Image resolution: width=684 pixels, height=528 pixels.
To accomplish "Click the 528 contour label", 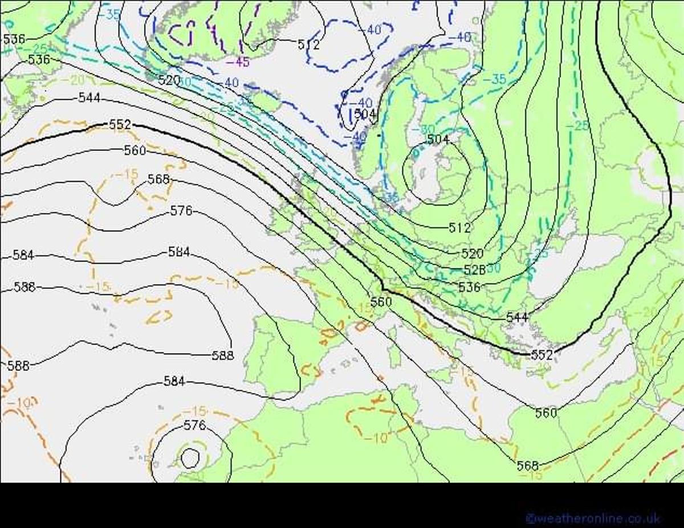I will pyautogui.click(x=474, y=269).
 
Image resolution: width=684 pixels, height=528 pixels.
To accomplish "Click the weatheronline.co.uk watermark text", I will pyautogui.click(x=593, y=518).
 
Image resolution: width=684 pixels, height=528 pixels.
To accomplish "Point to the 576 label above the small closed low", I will pyautogui.click(x=194, y=425).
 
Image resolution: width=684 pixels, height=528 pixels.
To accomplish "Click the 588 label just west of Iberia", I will pyautogui.click(x=222, y=355).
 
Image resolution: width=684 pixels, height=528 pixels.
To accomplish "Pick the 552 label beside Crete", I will pyautogui.click(x=541, y=355).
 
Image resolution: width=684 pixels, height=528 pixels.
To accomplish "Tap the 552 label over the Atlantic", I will pyautogui.click(x=120, y=124).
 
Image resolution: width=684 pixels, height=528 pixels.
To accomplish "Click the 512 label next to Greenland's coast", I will pyautogui.click(x=308, y=44).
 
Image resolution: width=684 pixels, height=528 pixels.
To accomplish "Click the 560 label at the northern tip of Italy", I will pyautogui.click(x=381, y=301).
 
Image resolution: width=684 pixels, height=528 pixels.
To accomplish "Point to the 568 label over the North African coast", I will pyautogui.click(x=527, y=466).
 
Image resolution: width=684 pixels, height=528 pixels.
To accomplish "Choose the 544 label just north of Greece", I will pyautogui.click(x=516, y=317).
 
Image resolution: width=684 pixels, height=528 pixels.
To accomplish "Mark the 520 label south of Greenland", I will pyautogui.click(x=169, y=80).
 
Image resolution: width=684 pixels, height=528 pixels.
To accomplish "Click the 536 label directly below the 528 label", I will pyautogui.click(x=469, y=288).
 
